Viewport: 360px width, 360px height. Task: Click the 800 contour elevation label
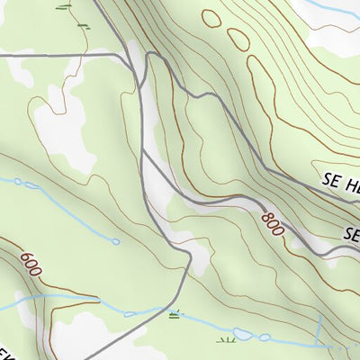tap(273, 223)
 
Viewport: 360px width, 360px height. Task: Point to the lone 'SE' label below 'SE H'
tap(350, 232)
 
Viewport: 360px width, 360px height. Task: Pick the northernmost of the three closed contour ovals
tap(212, 17)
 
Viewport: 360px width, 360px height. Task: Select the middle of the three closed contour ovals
tap(239, 40)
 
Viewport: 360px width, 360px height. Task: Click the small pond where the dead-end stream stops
tap(114, 240)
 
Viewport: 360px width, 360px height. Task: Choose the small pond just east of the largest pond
tap(265, 337)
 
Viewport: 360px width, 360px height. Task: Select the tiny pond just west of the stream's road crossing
tap(130, 314)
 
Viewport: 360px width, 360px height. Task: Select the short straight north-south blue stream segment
tap(319, 328)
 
